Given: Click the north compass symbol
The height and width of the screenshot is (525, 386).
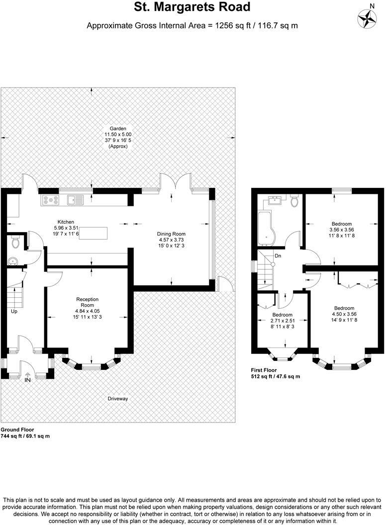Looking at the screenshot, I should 368,18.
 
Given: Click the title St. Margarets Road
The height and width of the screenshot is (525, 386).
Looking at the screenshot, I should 193,7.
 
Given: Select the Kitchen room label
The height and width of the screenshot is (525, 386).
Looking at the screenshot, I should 66,222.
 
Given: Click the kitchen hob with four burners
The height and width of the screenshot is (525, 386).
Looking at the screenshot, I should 51,200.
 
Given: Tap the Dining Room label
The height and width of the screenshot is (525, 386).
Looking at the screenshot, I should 171,234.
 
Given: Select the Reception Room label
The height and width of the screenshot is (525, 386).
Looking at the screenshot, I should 87,302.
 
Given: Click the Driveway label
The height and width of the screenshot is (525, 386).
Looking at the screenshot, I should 118,399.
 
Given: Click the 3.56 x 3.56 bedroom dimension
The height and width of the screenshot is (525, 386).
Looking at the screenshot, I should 342,230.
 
